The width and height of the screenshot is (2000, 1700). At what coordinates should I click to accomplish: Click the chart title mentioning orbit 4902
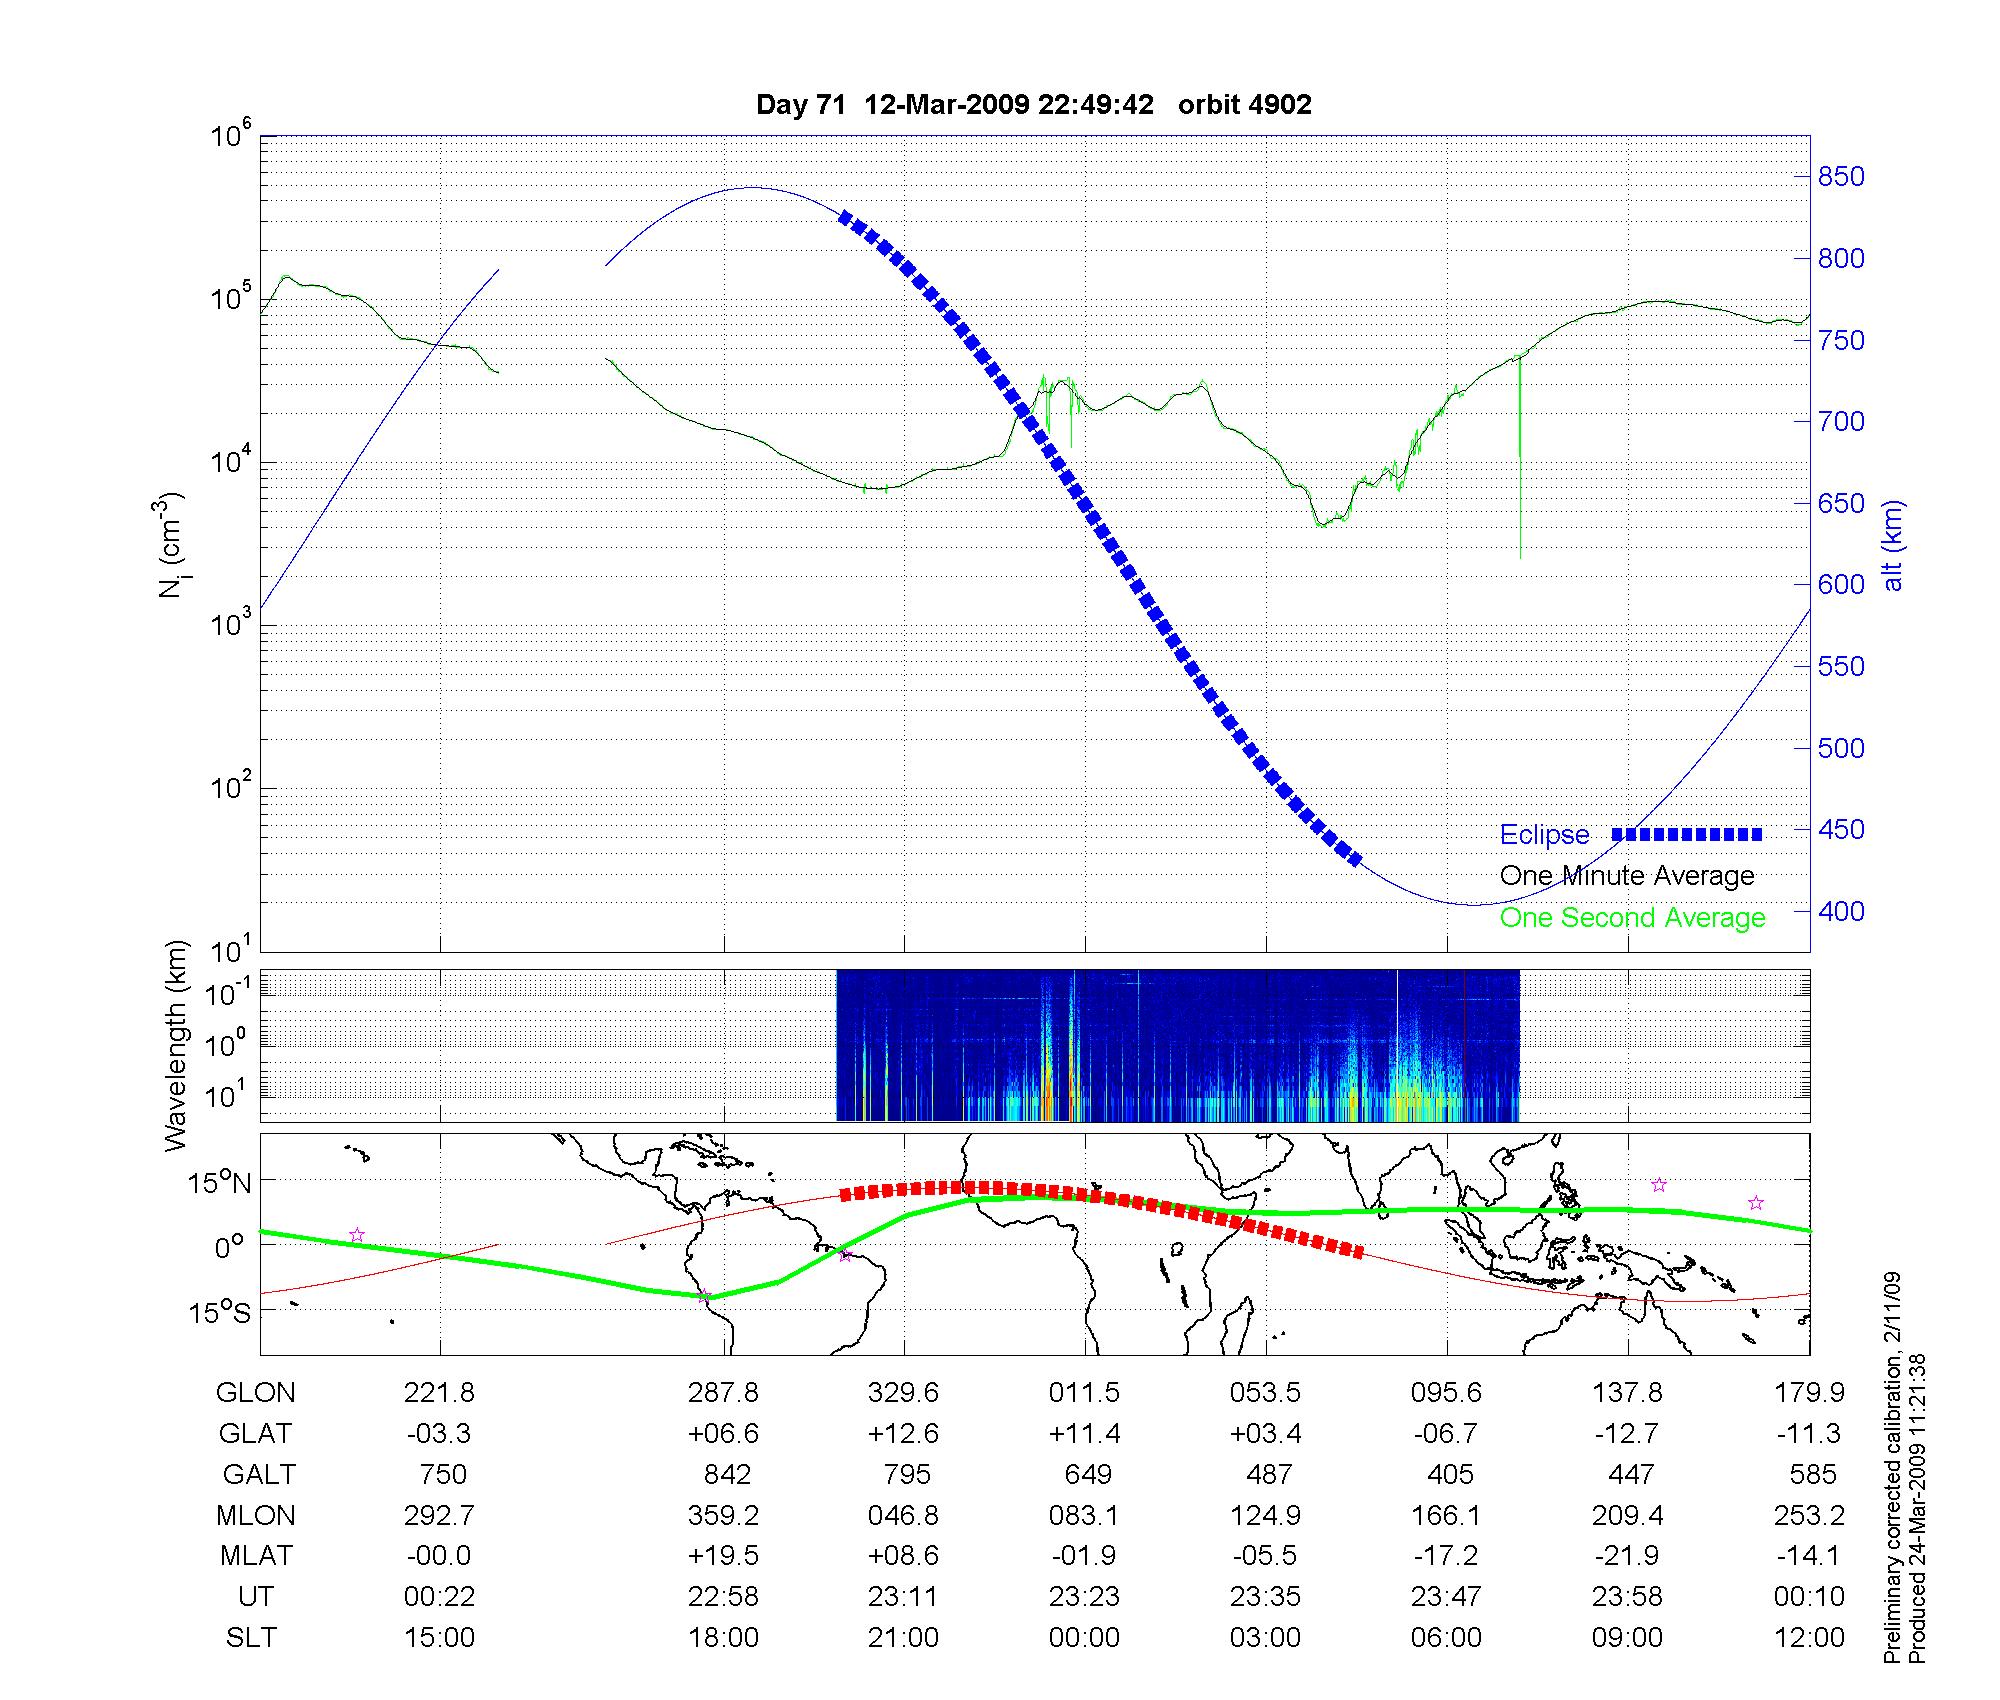1033,105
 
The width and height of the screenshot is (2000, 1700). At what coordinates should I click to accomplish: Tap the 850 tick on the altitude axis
1841,177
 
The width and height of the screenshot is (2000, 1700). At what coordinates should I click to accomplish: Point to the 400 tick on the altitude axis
1841,911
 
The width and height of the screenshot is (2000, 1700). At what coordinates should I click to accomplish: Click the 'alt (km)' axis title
1894,545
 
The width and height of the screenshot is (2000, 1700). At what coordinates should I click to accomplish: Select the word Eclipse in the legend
1544,835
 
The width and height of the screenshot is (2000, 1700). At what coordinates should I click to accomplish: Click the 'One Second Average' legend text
1632,918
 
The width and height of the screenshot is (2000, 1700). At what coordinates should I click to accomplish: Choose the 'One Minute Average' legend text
1627,876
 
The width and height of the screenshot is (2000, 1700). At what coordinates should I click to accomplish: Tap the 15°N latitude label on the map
219,1184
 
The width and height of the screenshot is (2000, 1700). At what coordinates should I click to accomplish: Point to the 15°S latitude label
219,1312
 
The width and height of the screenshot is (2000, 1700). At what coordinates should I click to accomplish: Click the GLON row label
255,1393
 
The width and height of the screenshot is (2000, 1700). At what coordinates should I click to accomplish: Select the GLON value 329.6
904,1393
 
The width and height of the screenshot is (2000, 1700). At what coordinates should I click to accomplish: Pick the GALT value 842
727,1475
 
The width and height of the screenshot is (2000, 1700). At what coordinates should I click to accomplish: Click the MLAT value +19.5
723,1556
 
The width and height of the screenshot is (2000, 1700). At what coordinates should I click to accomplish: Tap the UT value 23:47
1446,1597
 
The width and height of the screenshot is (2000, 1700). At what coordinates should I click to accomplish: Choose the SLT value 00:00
1084,1638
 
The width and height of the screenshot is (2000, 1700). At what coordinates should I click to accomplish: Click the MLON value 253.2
1809,1516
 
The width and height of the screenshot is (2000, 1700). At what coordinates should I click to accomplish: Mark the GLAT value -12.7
1627,1434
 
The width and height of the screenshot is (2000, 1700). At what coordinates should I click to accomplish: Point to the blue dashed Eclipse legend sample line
1686,834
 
